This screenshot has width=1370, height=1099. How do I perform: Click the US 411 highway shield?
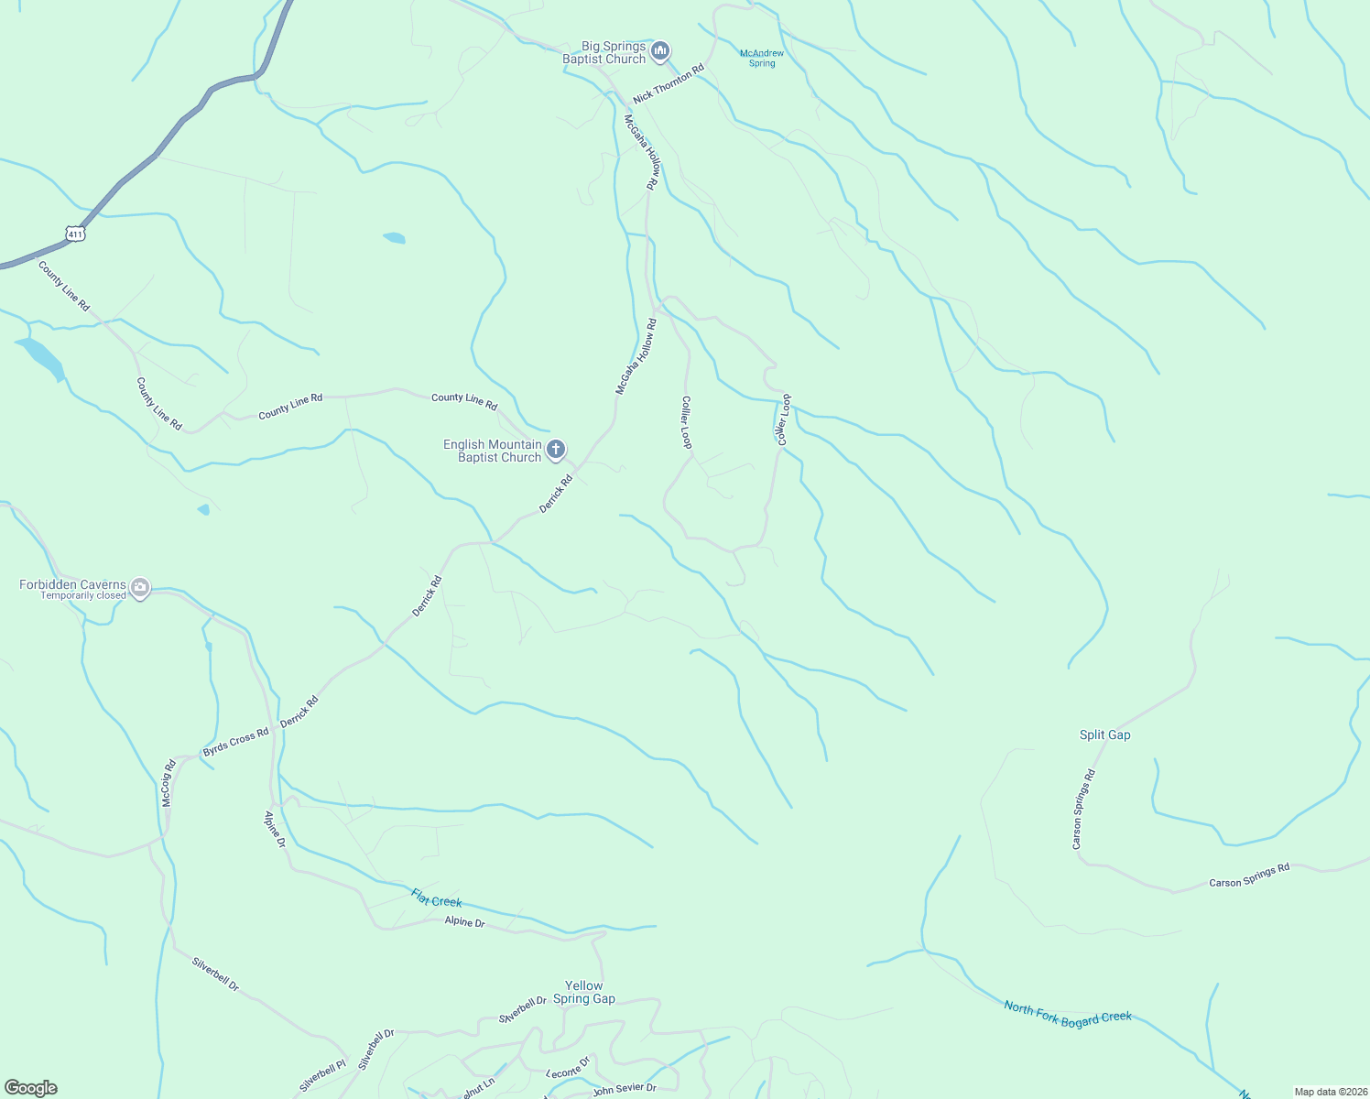tap(75, 234)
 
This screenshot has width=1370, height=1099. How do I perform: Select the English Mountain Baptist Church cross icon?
tap(555, 450)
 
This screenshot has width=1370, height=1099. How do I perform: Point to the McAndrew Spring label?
tap(762, 59)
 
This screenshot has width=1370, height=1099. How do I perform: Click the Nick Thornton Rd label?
tap(669, 83)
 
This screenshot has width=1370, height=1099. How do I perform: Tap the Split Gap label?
tap(1104, 734)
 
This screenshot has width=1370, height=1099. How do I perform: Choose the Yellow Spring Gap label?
tap(584, 993)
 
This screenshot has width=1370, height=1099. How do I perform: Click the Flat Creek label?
tap(436, 900)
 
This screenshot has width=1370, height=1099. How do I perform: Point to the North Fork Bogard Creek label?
tap(1068, 1014)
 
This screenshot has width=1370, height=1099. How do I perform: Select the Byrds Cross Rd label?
tap(236, 742)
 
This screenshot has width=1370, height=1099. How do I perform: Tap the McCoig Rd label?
tap(168, 783)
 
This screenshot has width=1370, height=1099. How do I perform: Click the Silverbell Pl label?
tap(322, 1077)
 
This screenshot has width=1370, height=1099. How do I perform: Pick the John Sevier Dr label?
tap(625, 1090)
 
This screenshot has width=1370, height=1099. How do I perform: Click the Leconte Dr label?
tap(569, 1068)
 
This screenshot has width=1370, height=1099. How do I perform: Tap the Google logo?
tap(31, 1088)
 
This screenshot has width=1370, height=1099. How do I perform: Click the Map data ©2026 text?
tap(1330, 1092)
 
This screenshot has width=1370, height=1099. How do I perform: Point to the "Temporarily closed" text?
tap(83, 596)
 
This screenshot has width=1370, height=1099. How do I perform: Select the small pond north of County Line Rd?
tap(394, 238)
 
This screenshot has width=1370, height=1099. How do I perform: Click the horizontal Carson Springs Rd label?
tap(1249, 876)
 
